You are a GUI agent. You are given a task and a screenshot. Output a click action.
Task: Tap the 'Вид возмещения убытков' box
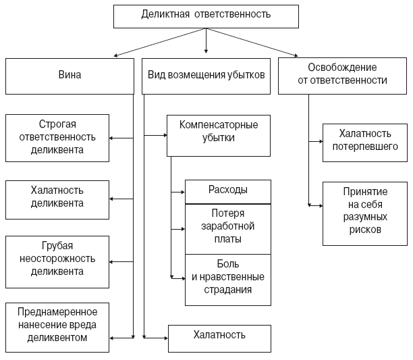(206, 76)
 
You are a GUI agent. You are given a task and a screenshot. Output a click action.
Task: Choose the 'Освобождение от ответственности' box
(343, 76)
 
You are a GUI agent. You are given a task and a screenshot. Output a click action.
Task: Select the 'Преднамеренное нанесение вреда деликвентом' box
(57, 328)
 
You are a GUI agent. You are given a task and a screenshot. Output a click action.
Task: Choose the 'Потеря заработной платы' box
(227, 229)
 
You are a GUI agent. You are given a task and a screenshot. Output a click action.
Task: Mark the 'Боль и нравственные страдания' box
(227, 279)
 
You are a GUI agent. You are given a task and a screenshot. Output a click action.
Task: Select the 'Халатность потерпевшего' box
(364, 142)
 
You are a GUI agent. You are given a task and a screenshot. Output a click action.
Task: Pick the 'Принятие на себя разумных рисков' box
(364, 213)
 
